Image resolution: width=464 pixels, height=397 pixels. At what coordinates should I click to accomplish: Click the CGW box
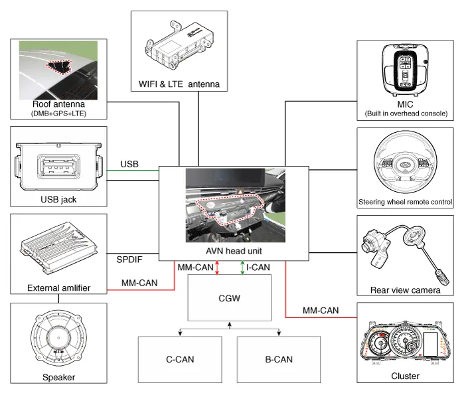click(230, 299)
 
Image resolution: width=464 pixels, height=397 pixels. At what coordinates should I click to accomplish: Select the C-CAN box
click(179, 360)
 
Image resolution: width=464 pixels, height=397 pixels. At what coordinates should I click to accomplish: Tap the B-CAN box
click(278, 360)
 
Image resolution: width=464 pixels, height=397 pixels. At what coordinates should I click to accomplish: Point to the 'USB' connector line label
click(130, 164)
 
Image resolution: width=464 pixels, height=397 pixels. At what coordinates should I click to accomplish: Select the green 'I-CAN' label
click(258, 268)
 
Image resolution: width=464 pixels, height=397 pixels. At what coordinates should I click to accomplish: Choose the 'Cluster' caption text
click(405, 376)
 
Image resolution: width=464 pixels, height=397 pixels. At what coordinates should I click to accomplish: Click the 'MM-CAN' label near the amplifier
click(139, 283)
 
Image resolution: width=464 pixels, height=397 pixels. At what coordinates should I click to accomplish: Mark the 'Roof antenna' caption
click(58, 104)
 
